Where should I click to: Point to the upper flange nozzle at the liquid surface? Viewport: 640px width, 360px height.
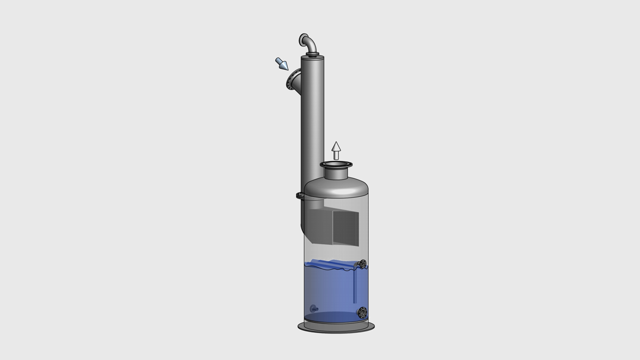(x=363, y=263)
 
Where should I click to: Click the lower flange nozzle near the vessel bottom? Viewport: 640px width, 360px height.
(x=363, y=312)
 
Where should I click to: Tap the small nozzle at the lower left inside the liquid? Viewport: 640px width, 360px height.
(x=314, y=308)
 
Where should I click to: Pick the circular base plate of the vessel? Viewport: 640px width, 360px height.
(x=336, y=327)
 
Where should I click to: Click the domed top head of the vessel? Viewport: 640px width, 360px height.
(x=336, y=187)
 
